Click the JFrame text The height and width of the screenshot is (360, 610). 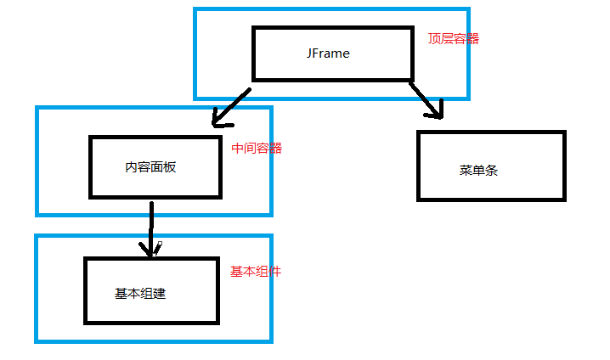click(328, 53)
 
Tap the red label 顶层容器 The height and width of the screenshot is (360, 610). click(454, 38)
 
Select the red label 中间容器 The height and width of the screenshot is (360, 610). click(257, 148)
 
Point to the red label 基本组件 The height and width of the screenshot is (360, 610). click(256, 272)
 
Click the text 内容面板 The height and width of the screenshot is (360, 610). click(150, 167)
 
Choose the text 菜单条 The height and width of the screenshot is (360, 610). click(478, 170)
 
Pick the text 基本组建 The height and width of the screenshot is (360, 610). click(140, 294)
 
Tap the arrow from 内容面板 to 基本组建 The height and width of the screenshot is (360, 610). click(151, 228)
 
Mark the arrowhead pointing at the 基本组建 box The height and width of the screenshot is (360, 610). click(151, 249)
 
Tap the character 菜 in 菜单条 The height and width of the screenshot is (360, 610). click(466, 170)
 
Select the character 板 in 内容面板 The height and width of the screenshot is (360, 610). click(170, 167)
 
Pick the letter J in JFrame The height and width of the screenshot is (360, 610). click(310, 53)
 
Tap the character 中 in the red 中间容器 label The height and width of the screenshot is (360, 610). click(238, 148)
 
